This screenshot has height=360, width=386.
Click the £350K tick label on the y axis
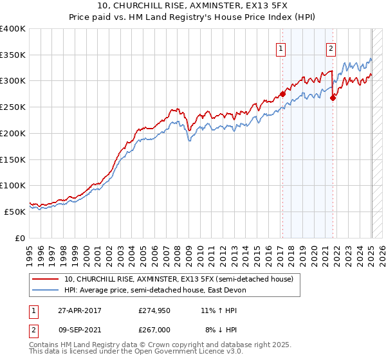coord(12,55)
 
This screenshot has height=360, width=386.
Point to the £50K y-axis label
coord(15,211)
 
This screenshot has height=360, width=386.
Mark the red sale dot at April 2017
coord(282,94)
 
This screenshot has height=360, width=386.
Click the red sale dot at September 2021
coord(333,98)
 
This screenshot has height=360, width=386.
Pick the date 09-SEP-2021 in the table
coord(77,330)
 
